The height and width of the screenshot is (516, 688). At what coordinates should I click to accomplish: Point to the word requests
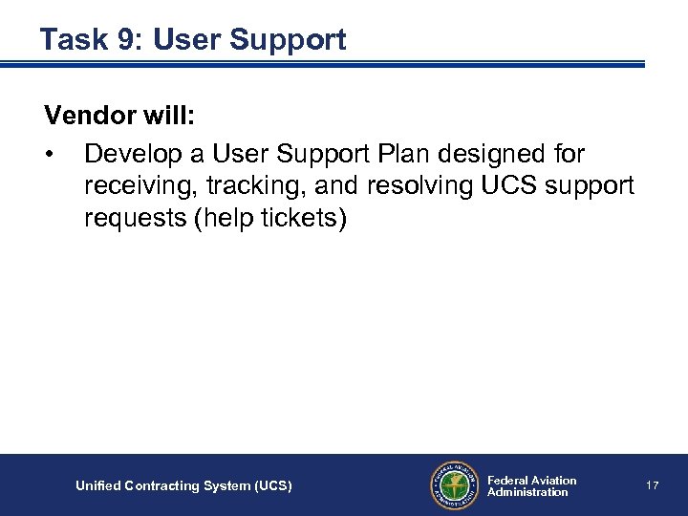pos(135,219)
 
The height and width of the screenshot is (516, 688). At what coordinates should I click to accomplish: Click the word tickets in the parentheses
pos(300,218)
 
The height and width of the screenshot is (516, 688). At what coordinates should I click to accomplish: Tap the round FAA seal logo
pos(453,485)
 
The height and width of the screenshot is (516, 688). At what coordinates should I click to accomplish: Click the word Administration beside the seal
pos(527,493)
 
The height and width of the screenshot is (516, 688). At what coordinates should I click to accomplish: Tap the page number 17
pos(653,486)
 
